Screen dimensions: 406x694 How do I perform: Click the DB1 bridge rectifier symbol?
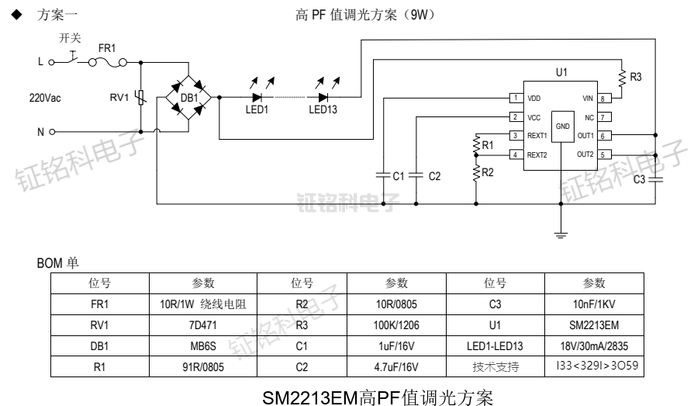(188, 99)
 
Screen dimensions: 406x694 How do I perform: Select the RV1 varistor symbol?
(140, 98)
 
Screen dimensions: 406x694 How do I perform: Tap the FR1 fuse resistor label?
(107, 48)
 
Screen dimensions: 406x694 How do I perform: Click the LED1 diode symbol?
(257, 98)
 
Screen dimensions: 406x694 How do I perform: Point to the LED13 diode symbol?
(323, 98)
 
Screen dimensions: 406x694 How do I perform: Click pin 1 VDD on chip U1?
(515, 99)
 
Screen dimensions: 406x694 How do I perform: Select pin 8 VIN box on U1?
(605, 99)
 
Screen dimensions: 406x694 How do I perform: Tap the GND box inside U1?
(563, 126)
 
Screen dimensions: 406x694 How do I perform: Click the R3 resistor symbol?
(621, 77)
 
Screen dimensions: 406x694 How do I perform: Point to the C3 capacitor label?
(639, 180)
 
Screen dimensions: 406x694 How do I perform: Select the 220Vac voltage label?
(46, 98)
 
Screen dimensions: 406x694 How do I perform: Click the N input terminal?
(51, 132)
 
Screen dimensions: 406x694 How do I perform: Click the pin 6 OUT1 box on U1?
(605, 136)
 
